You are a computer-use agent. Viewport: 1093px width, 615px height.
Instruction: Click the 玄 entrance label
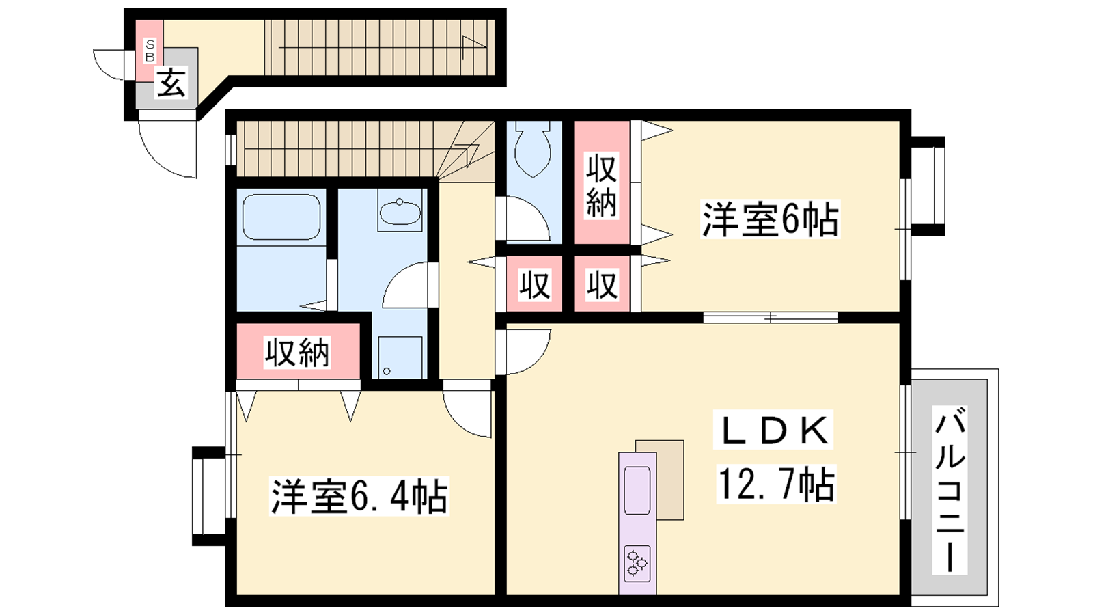[171, 83]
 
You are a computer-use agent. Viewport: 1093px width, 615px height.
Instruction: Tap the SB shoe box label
[150, 51]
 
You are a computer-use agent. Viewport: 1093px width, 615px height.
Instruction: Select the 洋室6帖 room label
[770, 219]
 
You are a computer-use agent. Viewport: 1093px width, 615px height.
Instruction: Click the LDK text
[773, 430]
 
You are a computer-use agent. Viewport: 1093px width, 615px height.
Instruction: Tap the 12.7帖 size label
[776, 484]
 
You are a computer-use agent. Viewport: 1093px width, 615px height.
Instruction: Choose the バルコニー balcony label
[950, 490]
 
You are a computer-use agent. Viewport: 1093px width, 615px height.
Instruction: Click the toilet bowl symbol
[532, 150]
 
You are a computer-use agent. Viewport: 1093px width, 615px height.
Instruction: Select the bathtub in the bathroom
[281, 217]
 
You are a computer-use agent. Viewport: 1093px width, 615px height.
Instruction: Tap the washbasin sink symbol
[400, 212]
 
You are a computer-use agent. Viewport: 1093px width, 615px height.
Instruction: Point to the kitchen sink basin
[637, 491]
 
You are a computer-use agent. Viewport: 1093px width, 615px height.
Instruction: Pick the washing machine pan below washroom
[400, 357]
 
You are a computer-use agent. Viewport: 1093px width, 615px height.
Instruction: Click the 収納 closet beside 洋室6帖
[602, 182]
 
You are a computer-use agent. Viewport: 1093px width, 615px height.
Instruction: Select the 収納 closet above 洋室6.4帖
[298, 351]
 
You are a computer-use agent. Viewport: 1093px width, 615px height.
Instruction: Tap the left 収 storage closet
[535, 284]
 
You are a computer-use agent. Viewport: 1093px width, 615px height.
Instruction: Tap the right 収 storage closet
[602, 284]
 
